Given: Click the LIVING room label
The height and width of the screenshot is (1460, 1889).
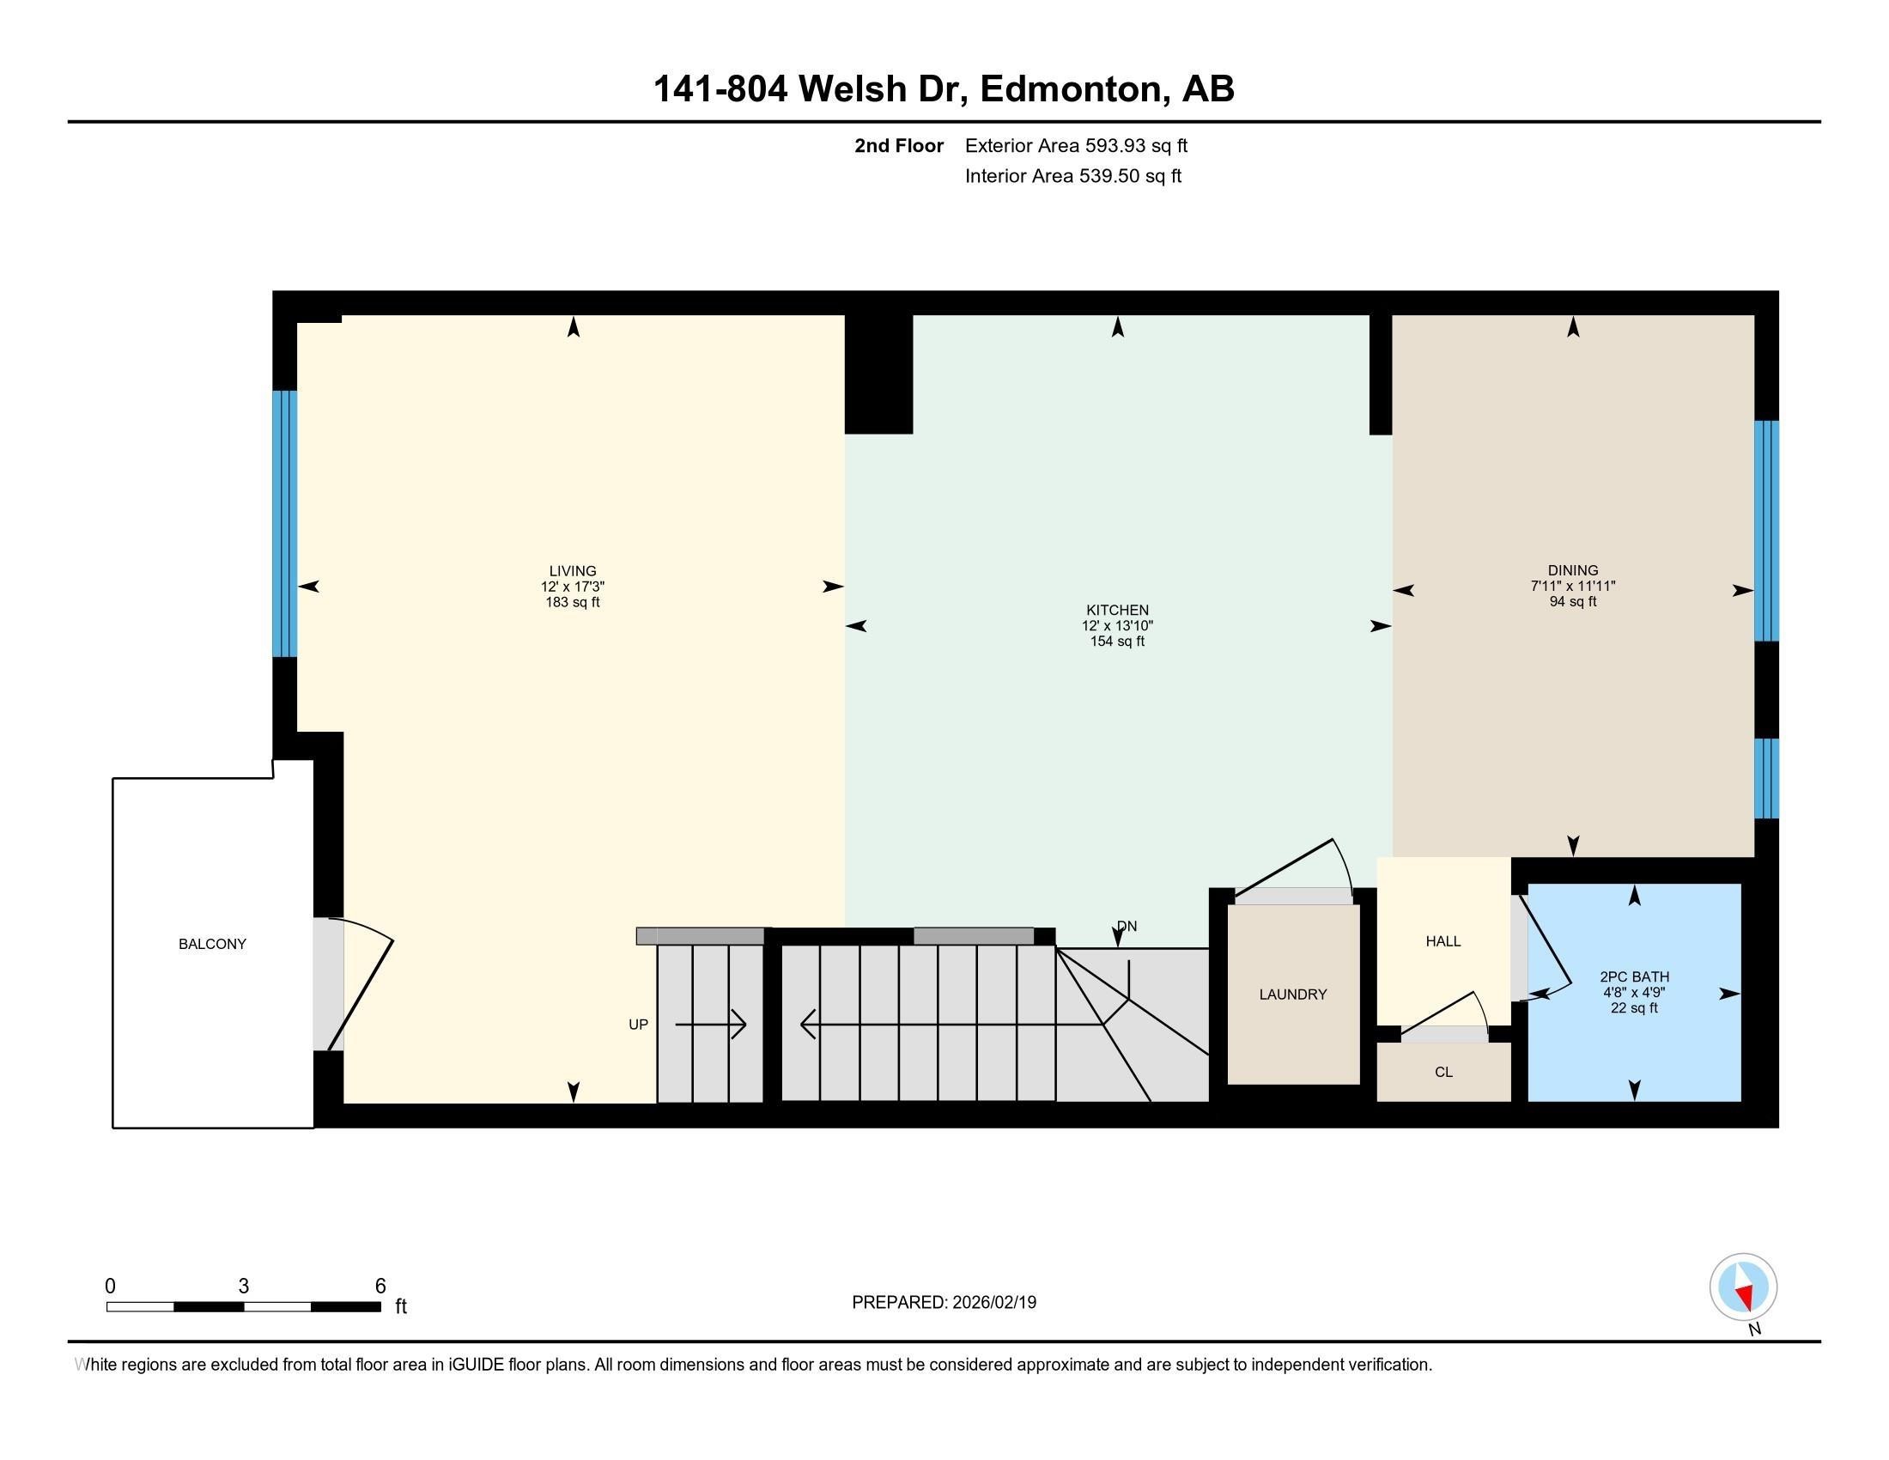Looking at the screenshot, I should point(572,571).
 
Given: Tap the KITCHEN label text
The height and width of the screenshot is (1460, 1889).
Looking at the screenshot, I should point(1116,610).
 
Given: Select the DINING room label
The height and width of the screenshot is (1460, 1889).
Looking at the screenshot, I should point(1571,570).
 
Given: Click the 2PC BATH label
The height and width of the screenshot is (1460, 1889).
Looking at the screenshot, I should point(1633,976).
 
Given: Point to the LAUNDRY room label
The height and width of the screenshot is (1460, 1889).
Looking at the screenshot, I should point(1292,995).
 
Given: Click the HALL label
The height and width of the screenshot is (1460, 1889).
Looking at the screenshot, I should point(1443,941).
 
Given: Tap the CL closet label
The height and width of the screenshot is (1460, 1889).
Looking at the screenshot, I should point(1443,1072).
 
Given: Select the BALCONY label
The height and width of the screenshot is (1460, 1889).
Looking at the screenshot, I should point(212,944).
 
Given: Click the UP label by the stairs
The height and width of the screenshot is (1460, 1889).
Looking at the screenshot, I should point(637,1024).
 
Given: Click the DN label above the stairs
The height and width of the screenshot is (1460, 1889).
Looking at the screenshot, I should point(1127,927).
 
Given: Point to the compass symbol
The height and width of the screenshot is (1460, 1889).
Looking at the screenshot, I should point(1742,1287).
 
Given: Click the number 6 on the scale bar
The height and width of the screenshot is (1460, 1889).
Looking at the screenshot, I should point(380,1287).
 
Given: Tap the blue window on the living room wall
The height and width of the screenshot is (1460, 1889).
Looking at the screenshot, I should point(284,523).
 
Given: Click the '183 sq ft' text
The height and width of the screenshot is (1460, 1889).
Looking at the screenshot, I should point(572,602).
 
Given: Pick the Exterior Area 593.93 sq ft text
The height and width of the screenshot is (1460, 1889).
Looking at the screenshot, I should point(1075,145).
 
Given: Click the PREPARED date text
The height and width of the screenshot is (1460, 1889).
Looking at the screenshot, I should point(943,1303).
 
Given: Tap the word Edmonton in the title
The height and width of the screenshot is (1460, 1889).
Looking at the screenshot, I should point(1071,89).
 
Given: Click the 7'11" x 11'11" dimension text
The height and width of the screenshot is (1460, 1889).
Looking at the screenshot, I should point(1571,586).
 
